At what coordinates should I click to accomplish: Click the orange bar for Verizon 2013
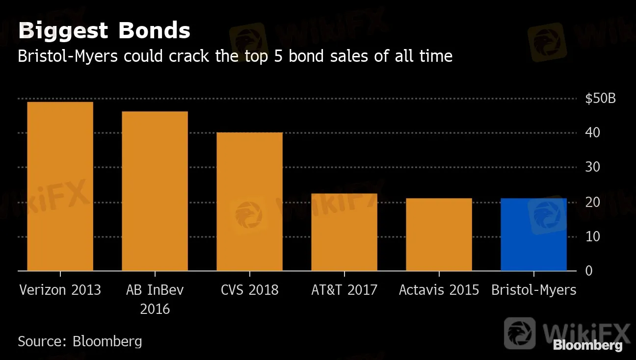click(60, 186)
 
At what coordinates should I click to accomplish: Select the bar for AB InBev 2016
click(155, 191)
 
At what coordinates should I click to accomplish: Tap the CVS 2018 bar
click(249, 202)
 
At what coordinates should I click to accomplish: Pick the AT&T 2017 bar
click(344, 232)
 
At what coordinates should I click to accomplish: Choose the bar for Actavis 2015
click(439, 234)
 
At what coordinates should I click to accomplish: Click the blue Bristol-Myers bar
click(533, 234)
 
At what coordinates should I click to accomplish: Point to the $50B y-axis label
click(600, 99)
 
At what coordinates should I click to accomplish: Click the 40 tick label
click(593, 133)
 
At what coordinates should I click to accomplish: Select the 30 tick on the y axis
click(593, 167)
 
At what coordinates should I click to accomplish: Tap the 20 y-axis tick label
click(593, 202)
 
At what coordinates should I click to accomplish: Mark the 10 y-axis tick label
click(593, 236)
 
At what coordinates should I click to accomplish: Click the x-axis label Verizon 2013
click(60, 290)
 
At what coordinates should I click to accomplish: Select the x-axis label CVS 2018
click(249, 290)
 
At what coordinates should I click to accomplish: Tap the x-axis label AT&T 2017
click(344, 290)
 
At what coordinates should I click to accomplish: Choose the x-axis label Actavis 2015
click(439, 290)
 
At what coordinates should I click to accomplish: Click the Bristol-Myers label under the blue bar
click(533, 290)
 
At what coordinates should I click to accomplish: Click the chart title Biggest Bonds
click(104, 31)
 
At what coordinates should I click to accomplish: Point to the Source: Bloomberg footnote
click(80, 341)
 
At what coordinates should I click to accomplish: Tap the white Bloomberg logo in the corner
click(587, 346)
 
